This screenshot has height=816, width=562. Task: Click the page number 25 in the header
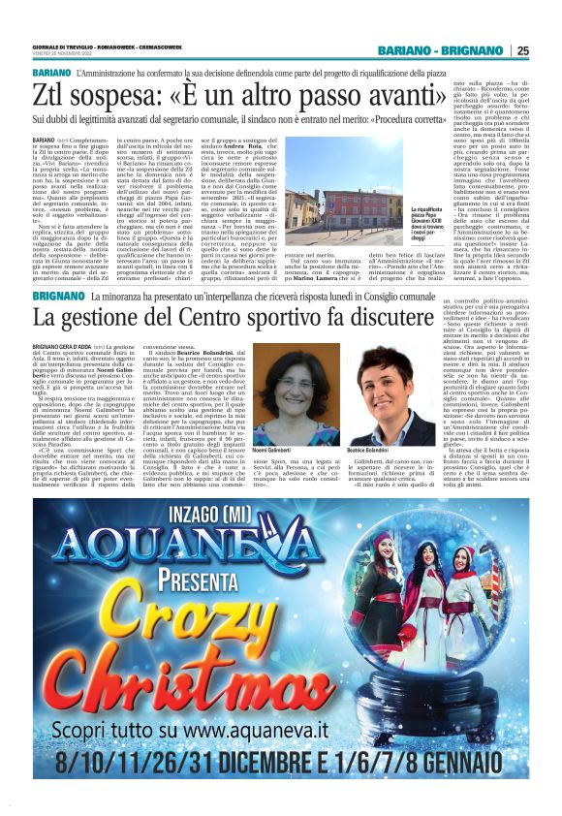tap(522, 51)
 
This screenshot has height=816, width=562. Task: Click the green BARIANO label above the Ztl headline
tap(50, 74)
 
